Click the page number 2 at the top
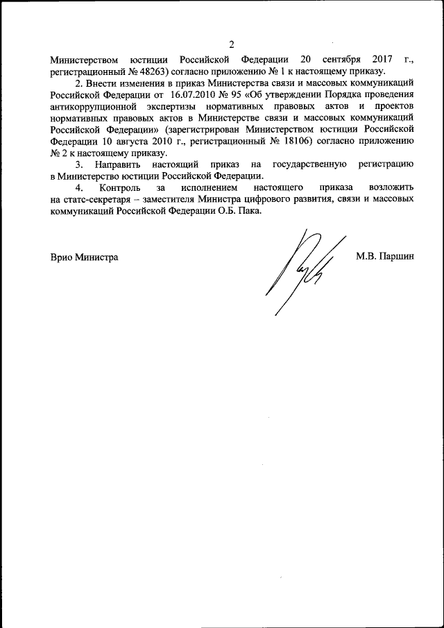232,45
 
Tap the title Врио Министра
84,257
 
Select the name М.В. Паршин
385,257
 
